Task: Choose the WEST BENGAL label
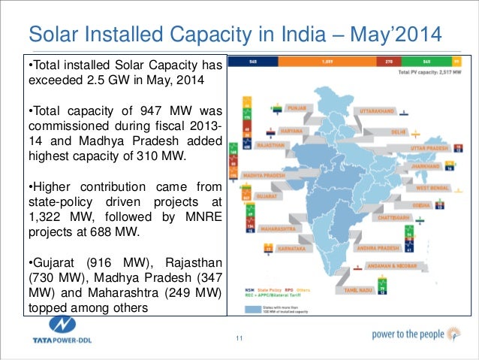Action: click(432, 187)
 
